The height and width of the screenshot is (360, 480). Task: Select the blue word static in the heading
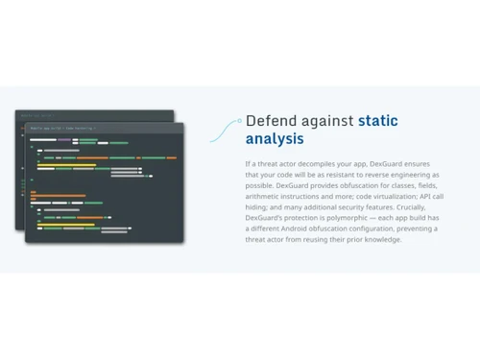[x=377, y=121]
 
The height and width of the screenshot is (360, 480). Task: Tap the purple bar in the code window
[x=64, y=140]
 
